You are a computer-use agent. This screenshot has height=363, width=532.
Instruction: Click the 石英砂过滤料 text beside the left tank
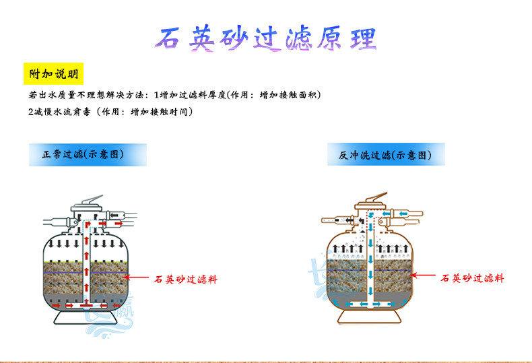[187, 277]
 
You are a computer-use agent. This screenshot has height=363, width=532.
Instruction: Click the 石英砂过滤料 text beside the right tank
[472, 277]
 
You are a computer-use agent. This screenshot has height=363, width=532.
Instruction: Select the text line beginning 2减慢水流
[111, 112]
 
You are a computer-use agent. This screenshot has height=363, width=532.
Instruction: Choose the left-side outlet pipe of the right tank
[337, 220]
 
